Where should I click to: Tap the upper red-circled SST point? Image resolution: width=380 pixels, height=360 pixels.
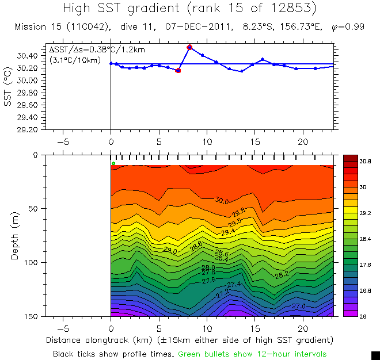click(x=189, y=47)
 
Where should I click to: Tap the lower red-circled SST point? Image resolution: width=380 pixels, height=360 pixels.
click(x=178, y=70)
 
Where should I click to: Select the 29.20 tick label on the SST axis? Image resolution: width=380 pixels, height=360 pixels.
click(x=29, y=129)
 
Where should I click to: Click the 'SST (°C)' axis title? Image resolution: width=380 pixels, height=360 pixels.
click(x=7, y=86)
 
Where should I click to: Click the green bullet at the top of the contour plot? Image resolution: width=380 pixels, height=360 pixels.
click(x=113, y=163)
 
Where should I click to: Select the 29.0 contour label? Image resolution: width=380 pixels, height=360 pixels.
click(x=170, y=251)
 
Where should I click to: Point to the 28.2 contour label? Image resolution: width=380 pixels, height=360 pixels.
click(x=282, y=275)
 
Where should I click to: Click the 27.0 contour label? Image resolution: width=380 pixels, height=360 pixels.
click(x=299, y=307)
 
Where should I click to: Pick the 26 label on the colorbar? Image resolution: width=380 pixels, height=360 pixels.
click(x=364, y=316)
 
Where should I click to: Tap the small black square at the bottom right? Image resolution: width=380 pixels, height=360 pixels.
click(x=375, y=355)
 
